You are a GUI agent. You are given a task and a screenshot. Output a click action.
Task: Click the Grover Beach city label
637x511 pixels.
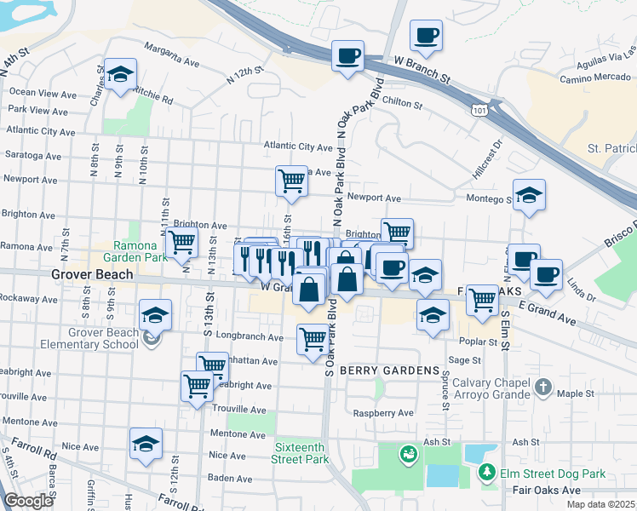[92, 274]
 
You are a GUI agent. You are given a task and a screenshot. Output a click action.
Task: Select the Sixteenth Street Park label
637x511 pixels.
[301, 453]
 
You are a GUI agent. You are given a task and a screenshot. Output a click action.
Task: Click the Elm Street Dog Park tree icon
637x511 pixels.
[487, 473]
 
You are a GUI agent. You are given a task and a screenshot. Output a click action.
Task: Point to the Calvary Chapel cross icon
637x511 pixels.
[543, 388]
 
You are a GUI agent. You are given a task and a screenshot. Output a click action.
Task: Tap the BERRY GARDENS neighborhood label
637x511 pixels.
[389, 371]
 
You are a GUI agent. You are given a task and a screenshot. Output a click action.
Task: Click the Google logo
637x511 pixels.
[28, 501]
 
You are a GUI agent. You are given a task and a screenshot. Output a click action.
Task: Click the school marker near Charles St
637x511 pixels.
[121, 76]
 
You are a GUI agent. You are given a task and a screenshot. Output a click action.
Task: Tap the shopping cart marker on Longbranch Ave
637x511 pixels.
[313, 339]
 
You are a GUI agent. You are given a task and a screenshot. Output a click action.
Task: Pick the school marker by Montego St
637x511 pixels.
[529, 197]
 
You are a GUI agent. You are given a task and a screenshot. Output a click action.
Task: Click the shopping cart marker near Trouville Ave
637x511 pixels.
[197, 386]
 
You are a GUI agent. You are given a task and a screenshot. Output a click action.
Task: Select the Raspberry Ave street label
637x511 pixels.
[384, 413]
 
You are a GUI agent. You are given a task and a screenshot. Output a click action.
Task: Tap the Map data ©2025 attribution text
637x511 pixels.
[600, 504]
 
